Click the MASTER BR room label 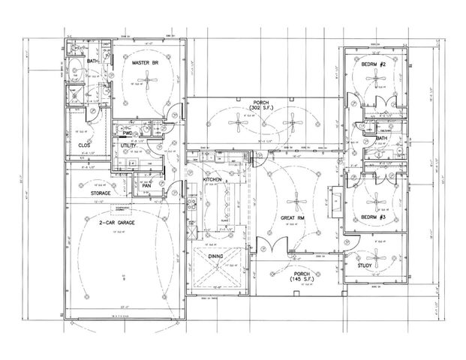(x=143, y=64)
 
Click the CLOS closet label (x=84, y=145)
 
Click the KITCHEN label (x=212, y=180)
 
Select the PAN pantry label (x=147, y=185)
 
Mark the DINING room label (x=216, y=256)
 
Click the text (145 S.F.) (x=303, y=280)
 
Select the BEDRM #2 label (x=373, y=65)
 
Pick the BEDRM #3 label (x=373, y=217)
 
